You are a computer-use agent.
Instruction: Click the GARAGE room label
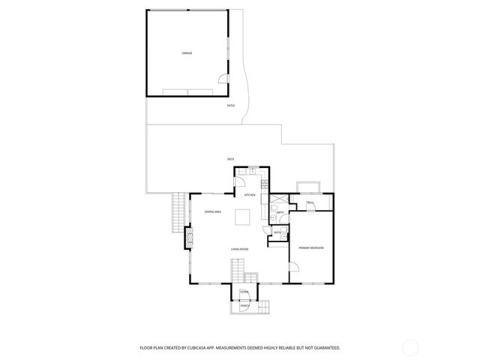tap(187, 53)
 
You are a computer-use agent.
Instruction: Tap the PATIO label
tap(231, 106)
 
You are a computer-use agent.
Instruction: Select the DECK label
tap(231, 159)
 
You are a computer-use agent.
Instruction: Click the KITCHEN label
tap(250, 195)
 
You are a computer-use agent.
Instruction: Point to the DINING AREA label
tap(213, 212)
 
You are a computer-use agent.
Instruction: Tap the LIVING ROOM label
tap(239, 248)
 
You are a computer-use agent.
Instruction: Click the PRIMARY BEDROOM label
tap(310, 247)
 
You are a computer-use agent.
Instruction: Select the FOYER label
tap(244, 292)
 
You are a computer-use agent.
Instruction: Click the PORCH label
tap(244, 306)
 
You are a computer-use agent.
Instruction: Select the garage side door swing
tap(223, 79)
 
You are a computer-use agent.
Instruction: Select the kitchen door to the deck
tap(241, 180)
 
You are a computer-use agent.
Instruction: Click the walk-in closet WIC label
tap(310, 203)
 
